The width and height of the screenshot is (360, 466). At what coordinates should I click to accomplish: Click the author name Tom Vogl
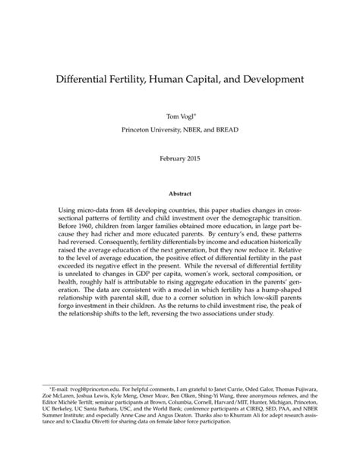(178, 117)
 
